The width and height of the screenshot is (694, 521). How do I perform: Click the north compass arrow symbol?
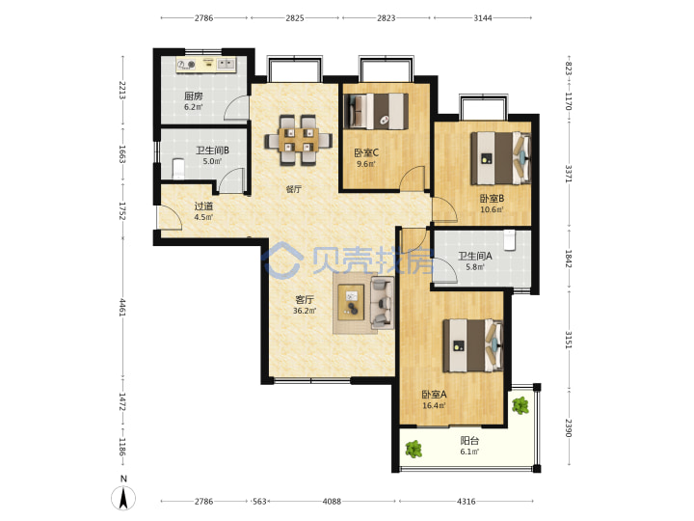pyautogui.click(x=123, y=498)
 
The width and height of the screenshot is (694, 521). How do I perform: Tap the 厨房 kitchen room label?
pyautogui.click(x=194, y=96)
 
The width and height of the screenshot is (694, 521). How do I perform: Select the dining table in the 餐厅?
pyautogui.click(x=299, y=140)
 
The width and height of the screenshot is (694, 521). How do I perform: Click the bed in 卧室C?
pyautogui.click(x=376, y=111)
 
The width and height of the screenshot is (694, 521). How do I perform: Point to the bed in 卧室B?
pyautogui.click(x=500, y=158)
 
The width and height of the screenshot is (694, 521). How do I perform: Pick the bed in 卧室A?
pyautogui.click(x=473, y=345)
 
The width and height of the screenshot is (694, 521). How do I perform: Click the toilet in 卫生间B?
pyautogui.click(x=178, y=169)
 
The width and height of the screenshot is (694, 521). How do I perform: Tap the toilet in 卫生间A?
pyautogui.click(x=510, y=239)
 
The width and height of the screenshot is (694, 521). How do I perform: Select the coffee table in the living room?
pyautogui.click(x=352, y=302)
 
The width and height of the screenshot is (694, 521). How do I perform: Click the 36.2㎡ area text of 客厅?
pyautogui.click(x=305, y=311)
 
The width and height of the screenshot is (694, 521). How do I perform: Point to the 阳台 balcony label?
pyautogui.click(x=469, y=441)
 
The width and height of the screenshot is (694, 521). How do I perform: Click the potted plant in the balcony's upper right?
pyautogui.click(x=520, y=405)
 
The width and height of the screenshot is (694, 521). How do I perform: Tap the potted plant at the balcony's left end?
pyautogui.click(x=414, y=450)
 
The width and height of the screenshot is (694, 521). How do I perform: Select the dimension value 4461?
pyautogui.click(x=122, y=308)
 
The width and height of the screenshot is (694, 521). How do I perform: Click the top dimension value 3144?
pyautogui.click(x=483, y=18)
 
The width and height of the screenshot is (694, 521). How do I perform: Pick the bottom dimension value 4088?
pyautogui.click(x=332, y=502)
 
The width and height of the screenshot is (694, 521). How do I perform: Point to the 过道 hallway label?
pyautogui.click(x=203, y=206)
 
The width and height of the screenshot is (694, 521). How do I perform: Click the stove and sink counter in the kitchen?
pyautogui.click(x=206, y=66)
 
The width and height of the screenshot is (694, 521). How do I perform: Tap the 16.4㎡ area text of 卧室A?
pyautogui.click(x=434, y=406)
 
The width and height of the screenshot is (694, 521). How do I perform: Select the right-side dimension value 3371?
pyautogui.click(x=569, y=174)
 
